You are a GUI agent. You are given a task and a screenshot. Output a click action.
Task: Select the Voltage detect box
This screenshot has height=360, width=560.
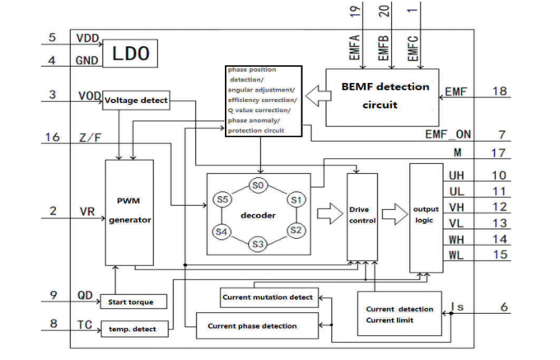click(136, 101)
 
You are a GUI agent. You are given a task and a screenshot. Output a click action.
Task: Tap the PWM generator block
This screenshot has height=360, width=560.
click(129, 211)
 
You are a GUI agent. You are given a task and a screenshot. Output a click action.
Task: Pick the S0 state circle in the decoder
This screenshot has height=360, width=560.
click(259, 185)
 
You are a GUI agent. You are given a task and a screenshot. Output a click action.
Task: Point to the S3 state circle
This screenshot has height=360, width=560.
click(259, 244)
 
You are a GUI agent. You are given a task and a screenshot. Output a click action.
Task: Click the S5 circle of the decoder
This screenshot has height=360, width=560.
click(222, 199)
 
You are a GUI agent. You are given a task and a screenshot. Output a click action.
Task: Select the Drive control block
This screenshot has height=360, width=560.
click(362, 214)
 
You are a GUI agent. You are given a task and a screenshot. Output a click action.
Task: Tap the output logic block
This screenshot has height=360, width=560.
click(426, 217)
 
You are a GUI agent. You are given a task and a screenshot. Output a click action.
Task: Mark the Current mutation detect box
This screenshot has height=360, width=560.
click(268, 297)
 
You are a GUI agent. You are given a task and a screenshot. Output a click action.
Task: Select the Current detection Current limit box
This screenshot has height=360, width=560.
click(399, 314)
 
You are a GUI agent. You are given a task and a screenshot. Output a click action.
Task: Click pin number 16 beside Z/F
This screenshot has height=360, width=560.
click(53, 138)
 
